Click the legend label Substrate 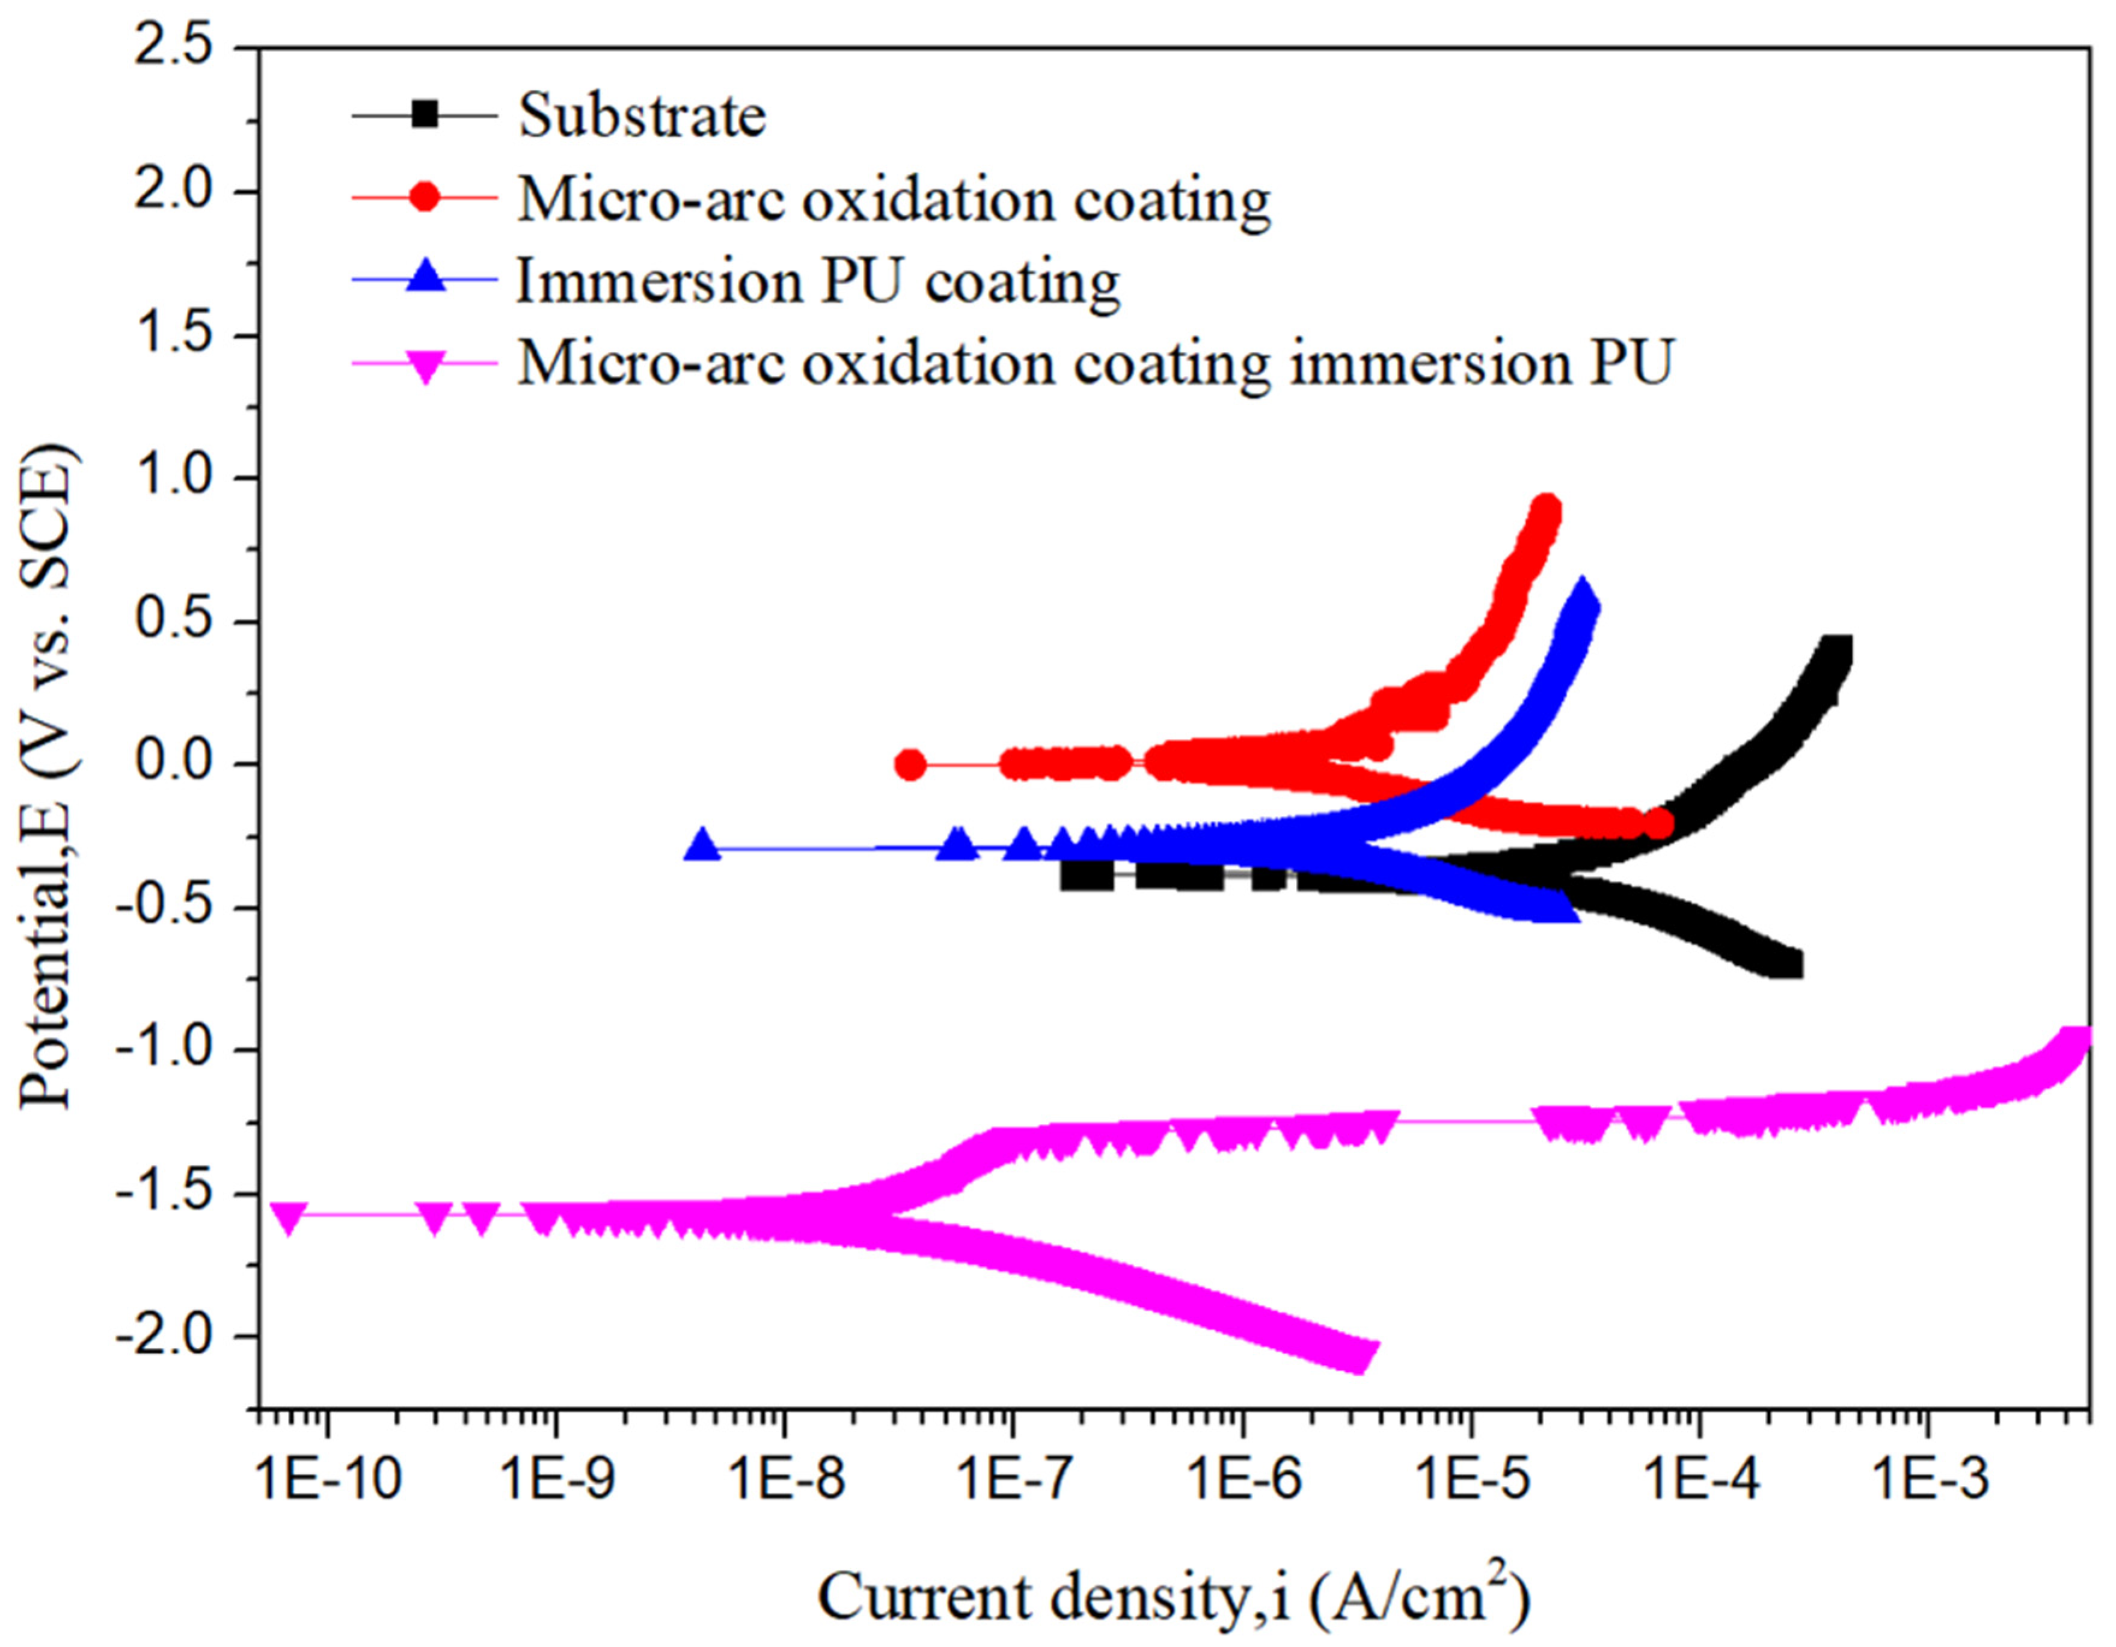pos(642,116)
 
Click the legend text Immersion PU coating pos(819,282)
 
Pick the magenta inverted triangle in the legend pos(425,364)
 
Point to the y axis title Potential pos(49,775)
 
